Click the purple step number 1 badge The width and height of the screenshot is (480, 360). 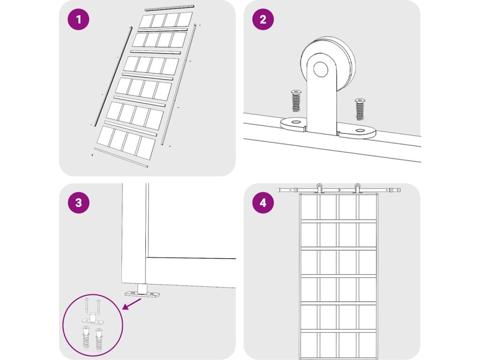79,19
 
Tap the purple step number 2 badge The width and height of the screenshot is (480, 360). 263,19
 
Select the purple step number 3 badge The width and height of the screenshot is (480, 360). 79,202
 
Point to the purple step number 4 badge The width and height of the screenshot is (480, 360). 263,202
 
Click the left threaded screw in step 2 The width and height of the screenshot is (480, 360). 296,101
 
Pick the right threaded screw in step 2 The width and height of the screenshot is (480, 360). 360,109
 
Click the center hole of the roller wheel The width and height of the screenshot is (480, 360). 321,69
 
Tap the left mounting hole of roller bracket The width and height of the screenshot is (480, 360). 295,122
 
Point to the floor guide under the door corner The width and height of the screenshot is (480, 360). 142,292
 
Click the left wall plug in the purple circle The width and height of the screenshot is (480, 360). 86,338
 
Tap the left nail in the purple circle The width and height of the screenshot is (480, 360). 87,305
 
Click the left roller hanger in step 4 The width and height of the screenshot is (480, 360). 319,188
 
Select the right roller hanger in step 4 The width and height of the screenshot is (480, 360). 357,188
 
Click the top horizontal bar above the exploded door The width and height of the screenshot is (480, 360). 170,7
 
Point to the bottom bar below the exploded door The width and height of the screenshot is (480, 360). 121,157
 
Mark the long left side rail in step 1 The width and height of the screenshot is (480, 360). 113,76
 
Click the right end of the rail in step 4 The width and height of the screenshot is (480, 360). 400,190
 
